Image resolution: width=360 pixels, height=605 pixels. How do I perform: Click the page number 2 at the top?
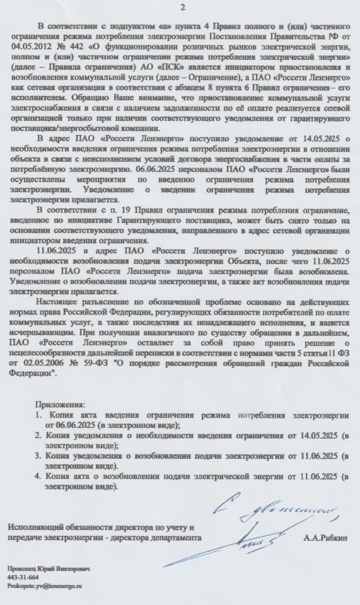point(182,7)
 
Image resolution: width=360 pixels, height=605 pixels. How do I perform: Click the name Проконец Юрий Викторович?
point(49,568)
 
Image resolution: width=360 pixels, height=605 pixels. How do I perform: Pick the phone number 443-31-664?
point(23,577)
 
